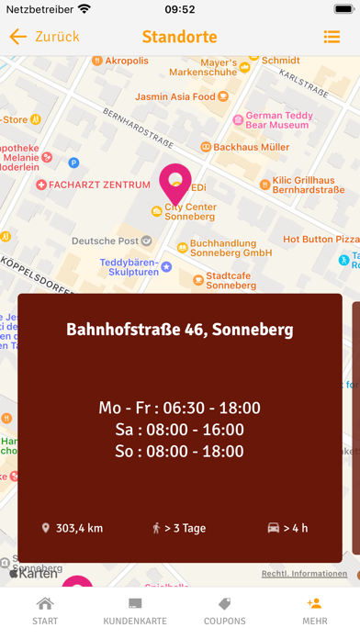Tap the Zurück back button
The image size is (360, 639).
pos(44,37)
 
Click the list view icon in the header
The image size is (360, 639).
pos(332,37)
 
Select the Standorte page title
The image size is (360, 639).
pos(179,37)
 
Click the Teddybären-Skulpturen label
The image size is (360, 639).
pos(129,266)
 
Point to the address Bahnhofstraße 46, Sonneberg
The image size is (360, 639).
pos(180,330)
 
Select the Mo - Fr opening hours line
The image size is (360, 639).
pos(180,408)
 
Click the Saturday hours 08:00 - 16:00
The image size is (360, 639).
pos(180,430)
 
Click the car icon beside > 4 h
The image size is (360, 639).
pos(272,528)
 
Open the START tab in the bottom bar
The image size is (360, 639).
pos(44,611)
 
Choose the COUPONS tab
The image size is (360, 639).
pos(224,611)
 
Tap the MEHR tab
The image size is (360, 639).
pos(314,611)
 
